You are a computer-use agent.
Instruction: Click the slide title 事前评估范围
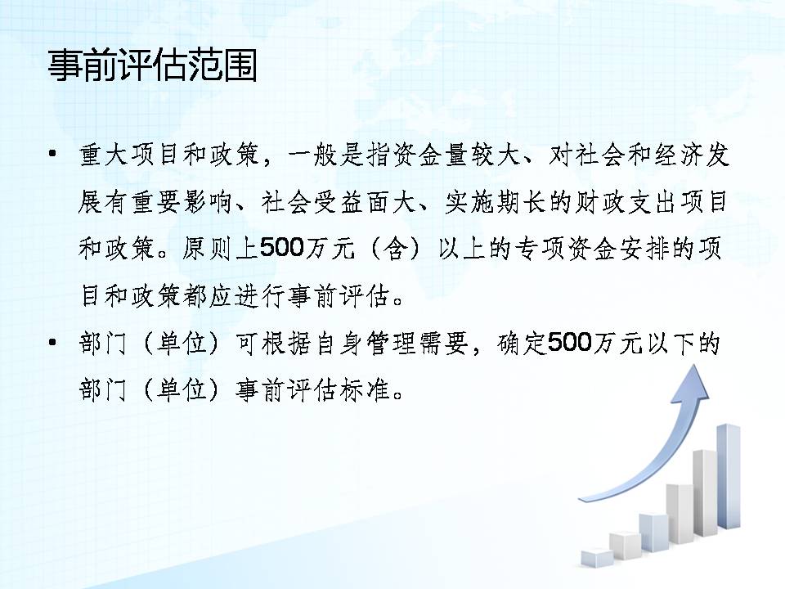(x=153, y=65)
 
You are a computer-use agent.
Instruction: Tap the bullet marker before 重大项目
(x=52, y=153)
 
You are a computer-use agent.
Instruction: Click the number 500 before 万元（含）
(x=282, y=247)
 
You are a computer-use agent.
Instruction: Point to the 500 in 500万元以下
(x=570, y=343)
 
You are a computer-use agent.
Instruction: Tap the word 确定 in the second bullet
(x=521, y=344)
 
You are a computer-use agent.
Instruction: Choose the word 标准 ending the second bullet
(x=365, y=389)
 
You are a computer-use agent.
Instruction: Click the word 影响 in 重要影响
(x=206, y=202)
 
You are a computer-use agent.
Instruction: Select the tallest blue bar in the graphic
(x=729, y=476)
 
